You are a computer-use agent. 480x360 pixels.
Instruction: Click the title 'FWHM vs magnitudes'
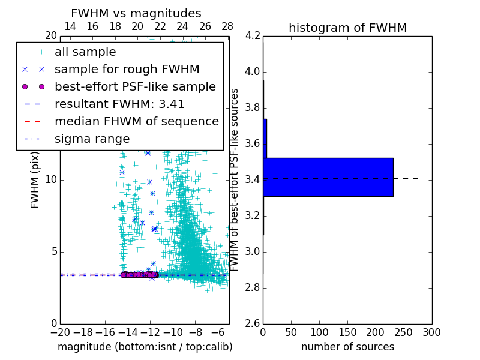click(x=136, y=14)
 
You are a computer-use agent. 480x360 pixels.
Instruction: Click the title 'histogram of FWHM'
click(x=347, y=28)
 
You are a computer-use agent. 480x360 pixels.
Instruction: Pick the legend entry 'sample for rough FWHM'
click(x=127, y=69)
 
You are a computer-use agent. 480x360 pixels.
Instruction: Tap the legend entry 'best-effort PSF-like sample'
click(x=135, y=86)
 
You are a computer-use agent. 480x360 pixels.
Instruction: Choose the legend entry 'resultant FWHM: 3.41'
click(x=119, y=104)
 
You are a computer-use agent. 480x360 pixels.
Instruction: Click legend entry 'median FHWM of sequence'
click(x=136, y=121)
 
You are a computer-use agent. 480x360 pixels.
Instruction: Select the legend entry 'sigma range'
click(x=92, y=139)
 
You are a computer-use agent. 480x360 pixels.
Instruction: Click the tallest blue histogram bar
click(x=328, y=177)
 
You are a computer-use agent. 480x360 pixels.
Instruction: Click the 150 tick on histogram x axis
click(x=347, y=332)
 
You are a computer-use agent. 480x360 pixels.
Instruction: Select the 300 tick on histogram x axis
click(x=432, y=332)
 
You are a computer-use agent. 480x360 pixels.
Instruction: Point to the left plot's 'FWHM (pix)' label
click(x=35, y=179)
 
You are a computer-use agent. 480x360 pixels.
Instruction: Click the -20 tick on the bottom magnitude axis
click(x=60, y=332)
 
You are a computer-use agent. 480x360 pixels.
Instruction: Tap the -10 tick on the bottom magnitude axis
click(x=173, y=332)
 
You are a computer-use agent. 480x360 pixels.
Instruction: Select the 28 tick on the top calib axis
click(x=227, y=26)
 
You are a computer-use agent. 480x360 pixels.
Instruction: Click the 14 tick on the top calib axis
click(x=70, y=26)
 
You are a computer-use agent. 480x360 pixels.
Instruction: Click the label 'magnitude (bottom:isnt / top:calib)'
click(x=145, y=347)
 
